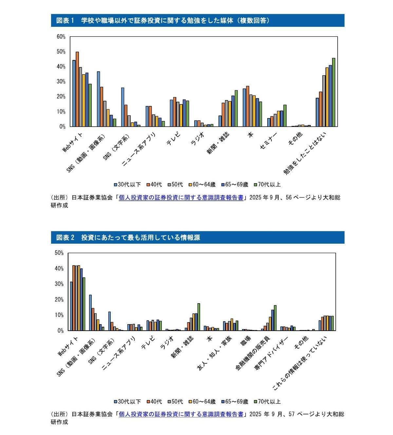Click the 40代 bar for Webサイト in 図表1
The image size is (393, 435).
(x=77, y=89)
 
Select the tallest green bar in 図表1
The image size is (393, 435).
(x=333, y=92)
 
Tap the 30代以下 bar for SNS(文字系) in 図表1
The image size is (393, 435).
(x=123, y=107)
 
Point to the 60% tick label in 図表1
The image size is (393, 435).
(x=61, y=37)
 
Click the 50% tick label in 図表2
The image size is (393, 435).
(x=59, y=253)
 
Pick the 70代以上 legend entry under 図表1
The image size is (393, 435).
(x=267, y=184)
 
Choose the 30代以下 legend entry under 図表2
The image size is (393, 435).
(x=127, y=402)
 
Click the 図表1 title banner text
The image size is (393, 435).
(x=163, y=21)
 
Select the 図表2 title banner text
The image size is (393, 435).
(x=128, y=237)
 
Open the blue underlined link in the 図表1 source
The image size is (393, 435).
(x=181, y=198)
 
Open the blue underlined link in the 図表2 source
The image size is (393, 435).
(x=181, y=414)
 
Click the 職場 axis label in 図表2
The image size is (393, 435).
(x=246, y=341)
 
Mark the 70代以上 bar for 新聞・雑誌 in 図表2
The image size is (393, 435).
(x=199, y=317)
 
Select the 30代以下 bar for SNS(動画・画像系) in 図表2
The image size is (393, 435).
(x=90, y=313)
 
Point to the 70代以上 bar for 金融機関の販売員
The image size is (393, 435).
(x=275, y=318)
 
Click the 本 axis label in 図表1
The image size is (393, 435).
(x=251, y=135)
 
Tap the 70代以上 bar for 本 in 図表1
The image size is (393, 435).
(x=261, y=114)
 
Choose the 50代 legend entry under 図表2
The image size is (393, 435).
(x=176, y=402)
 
